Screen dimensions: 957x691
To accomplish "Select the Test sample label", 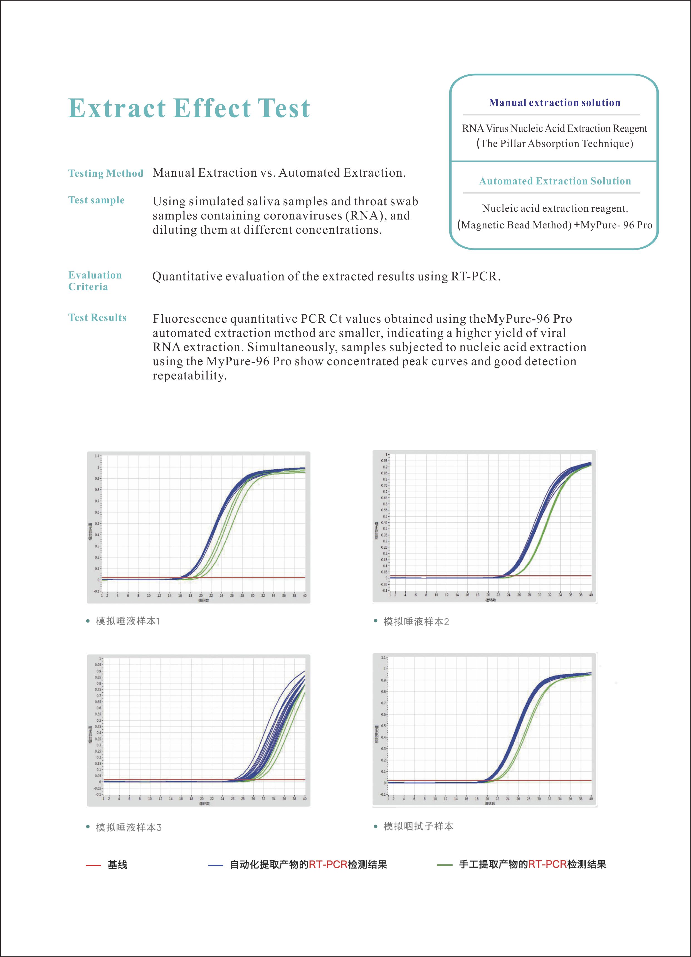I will [x=96, y=200].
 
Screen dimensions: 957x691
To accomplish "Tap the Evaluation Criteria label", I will [x=95, y=281].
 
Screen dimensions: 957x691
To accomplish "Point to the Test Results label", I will [x=97, y=318].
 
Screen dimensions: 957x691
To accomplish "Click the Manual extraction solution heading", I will [x=554, y=103].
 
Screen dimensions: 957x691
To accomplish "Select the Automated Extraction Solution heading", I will [x=555, y=181].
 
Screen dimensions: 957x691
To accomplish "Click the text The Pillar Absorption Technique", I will [x=555, y=144].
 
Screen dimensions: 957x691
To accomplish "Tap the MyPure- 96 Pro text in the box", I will [x=616, y=225].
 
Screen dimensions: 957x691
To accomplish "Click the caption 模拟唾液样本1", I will [x=128, y=621].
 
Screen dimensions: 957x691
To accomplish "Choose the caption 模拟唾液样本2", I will [x=416, y=621].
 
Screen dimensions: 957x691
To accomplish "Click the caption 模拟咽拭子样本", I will [x=418, y=826].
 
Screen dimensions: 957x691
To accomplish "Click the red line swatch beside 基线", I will [x=93, y=865].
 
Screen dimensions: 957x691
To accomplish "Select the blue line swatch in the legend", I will [x=215, y=865].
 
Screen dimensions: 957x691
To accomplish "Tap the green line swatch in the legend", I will [x=445, y=865].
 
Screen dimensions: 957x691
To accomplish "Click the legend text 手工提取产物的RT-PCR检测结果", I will [x=532, y=865].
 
